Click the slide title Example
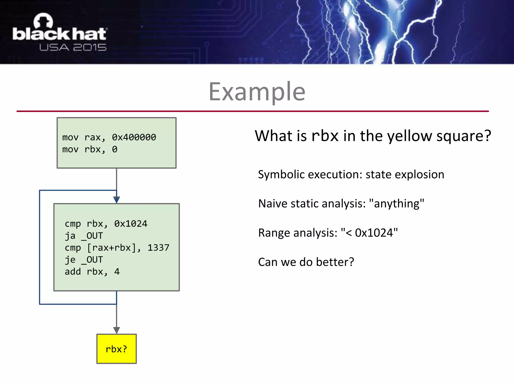257,92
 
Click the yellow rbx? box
116,349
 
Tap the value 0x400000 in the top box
134,137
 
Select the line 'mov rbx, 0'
90,149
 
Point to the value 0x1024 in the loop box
131,224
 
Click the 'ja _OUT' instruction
84,236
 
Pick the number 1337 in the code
158,248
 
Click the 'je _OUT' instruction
84,260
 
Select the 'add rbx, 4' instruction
92,272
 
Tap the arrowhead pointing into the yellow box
116,330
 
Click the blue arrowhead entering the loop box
116,200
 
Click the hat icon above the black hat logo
43,21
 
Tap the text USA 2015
73,47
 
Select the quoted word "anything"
397,204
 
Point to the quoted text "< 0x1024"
369,233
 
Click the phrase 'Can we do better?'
306,262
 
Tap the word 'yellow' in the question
410,136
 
